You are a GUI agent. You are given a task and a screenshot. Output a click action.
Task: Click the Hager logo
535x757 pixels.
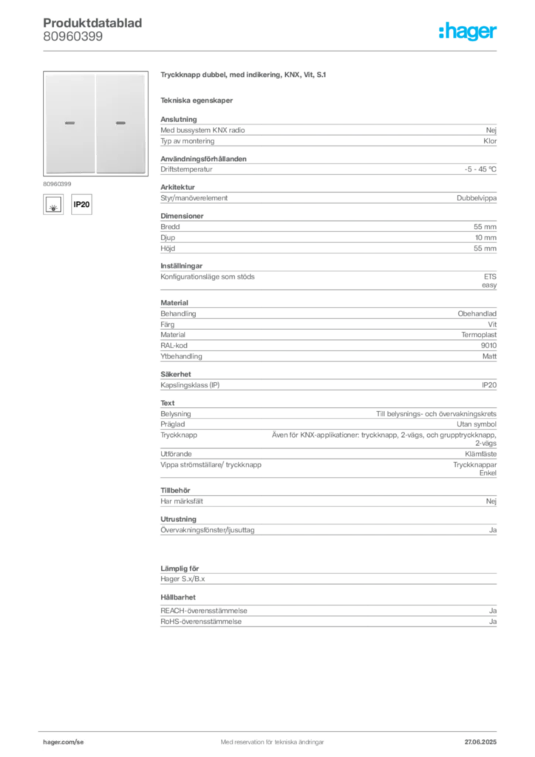(x=467, y=32)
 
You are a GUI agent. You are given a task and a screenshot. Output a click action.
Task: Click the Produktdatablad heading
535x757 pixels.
(x=92, y=23)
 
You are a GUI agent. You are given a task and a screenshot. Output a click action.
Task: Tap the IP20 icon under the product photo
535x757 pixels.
(x=81, y=204)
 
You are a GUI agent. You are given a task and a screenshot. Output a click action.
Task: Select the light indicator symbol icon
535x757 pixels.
(x=53, y=204)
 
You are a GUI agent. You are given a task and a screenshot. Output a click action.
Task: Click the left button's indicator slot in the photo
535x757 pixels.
(x=70, y=123)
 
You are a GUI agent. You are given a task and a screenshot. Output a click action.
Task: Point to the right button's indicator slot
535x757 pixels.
(x=120, y=123)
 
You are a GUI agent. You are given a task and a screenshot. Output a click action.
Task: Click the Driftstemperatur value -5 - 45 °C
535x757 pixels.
(x=480, y=169)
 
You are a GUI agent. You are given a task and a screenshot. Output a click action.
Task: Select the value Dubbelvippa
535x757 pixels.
(x=477, y=198)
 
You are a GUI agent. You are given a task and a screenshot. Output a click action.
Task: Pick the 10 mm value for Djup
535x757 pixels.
(x=485, y=237)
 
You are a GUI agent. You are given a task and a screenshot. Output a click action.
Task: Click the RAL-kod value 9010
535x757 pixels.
(x=488, y=346)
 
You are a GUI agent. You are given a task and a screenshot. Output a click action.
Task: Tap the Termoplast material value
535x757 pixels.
(x=479, y=335)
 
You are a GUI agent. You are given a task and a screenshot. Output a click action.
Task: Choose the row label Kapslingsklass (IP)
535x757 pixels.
(x=190, y=385)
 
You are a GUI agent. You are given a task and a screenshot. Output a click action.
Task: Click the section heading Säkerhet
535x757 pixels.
(x=176, y=374)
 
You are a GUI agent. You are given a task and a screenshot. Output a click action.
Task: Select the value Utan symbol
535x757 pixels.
(x=477, y=424)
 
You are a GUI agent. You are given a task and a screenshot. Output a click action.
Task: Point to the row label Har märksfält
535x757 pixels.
(x=182, y=501)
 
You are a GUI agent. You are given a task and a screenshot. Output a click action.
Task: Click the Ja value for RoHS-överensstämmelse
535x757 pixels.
(x=493, y=622)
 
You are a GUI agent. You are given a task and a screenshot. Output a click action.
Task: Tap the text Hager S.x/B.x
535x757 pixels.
(x=183, y=579)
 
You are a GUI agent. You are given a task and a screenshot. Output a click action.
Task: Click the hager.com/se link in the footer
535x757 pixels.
(x=64, y=742)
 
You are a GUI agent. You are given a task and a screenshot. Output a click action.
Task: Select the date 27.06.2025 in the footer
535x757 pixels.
(x=480, y=742)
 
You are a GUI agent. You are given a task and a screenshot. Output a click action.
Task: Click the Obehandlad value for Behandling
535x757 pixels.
(x=477, y=313)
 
